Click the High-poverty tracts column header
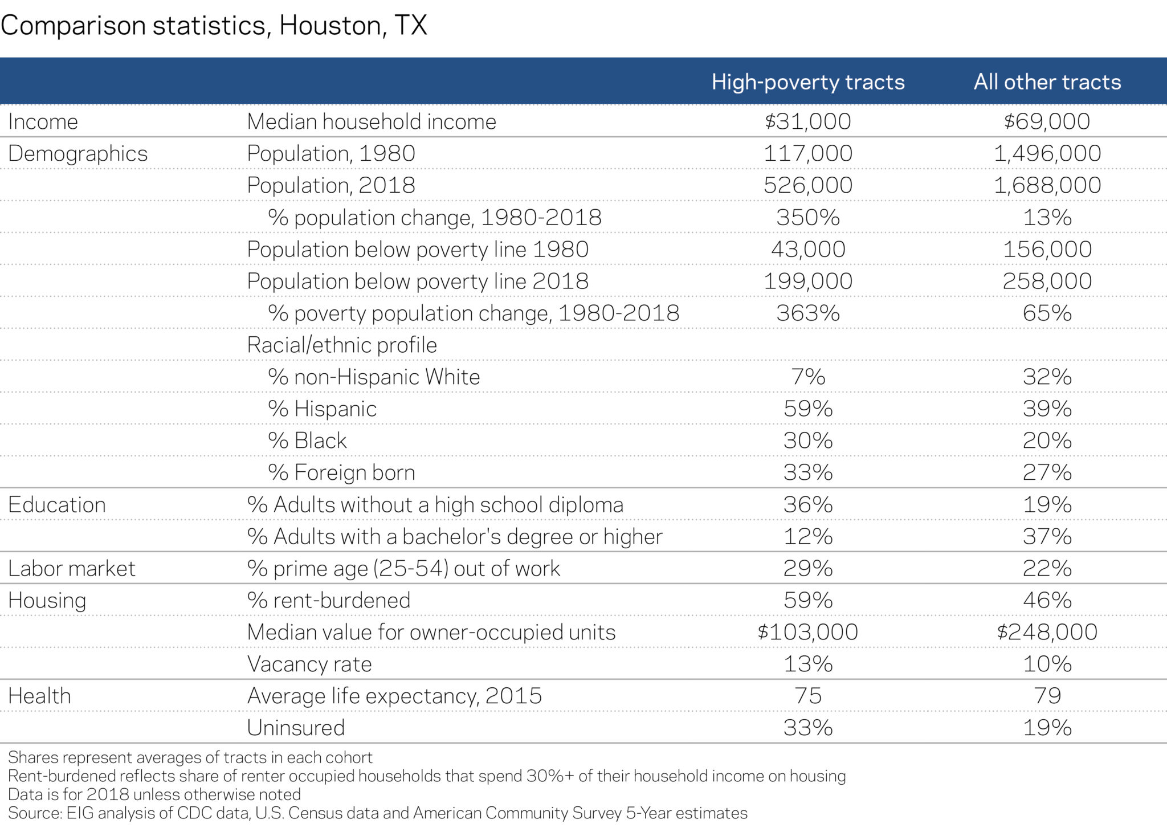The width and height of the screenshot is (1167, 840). tap(807, 82)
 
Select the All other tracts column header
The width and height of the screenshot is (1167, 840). tap(1047, 82)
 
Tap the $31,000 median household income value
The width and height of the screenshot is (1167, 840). tap(807, 121)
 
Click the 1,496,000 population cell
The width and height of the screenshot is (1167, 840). tap(1047, 153)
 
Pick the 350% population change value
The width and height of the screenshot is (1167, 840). tap(807, 217)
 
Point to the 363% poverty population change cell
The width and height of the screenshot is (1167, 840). tap(807, 313)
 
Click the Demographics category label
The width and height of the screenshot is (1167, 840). tap(78, 153)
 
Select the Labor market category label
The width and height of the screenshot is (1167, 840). tap(72, 568)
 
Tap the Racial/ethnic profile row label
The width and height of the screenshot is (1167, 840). tap(342, 345)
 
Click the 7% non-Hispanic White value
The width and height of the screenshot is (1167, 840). tap(807, 377)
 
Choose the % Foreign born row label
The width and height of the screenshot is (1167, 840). tap(341, 472)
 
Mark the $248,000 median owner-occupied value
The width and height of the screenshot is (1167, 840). tap(1047, 632)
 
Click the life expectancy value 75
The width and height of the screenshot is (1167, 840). tap(807, 696)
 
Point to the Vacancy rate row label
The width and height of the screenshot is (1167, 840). tap(309, 664)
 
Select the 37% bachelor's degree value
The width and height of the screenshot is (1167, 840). tap(1047, 536)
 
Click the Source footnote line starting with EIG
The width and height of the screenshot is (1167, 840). tap(377, 813)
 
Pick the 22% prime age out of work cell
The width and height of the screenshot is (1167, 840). tap(1047, 568)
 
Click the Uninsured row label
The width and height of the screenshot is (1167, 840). tap(296, 728)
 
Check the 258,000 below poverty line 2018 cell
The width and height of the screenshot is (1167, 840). tap(1047, 281)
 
